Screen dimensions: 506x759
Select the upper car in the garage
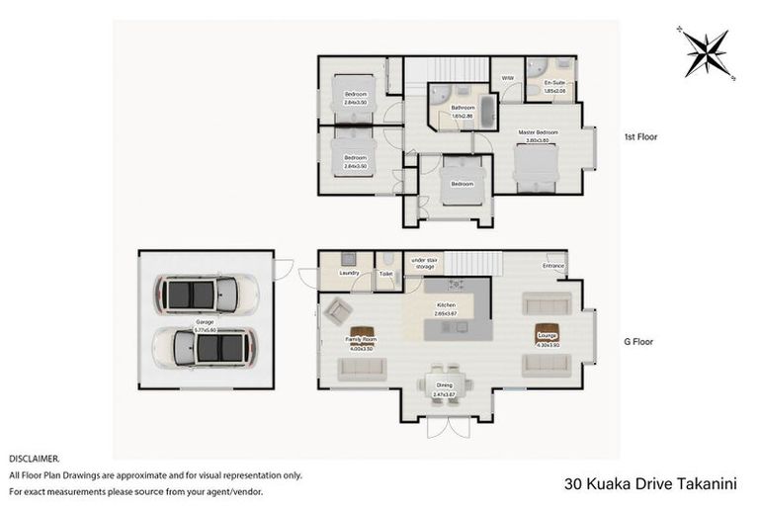pos(206,294)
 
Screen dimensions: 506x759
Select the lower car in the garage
pos(206,347)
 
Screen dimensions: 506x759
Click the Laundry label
pos(348,272)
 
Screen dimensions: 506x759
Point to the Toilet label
pos(386,272)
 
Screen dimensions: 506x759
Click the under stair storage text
pos(424,264)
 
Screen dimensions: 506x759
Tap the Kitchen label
pos(447,305)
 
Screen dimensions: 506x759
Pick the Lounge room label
pos(548,337)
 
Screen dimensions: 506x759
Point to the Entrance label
pos(553,265)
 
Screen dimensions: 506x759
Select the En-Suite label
pos(554,84)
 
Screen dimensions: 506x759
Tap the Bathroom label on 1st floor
pos(464,108)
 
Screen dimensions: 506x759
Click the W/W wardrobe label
pos(508,77)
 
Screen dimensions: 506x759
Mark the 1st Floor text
pos(640,137)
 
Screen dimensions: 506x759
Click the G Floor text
pos(638,342)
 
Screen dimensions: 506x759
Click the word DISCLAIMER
pos(35,459)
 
